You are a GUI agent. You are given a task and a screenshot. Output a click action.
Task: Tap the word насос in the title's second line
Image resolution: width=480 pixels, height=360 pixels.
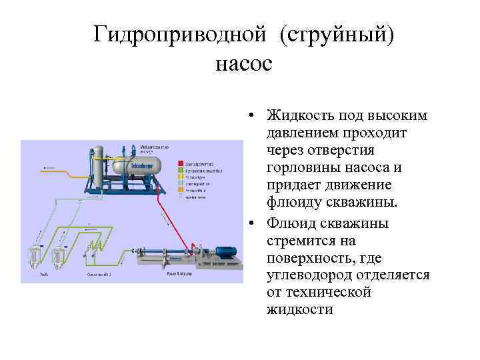244,64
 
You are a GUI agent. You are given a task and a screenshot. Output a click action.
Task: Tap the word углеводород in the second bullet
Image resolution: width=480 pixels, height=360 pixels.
311,275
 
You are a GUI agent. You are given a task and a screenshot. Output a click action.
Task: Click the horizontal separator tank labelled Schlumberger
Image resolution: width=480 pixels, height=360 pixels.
137,165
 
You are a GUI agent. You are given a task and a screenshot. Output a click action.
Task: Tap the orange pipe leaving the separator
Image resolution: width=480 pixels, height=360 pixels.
60,172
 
